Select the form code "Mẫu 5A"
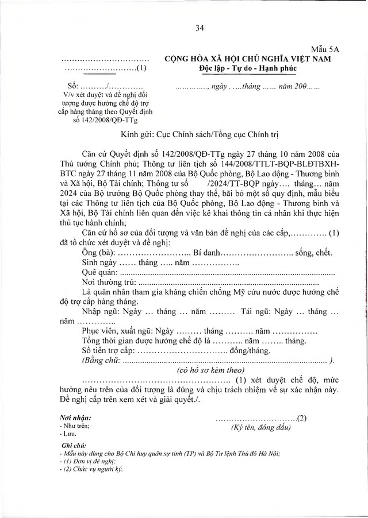click(328, 51)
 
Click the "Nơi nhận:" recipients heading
click(75, 418)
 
